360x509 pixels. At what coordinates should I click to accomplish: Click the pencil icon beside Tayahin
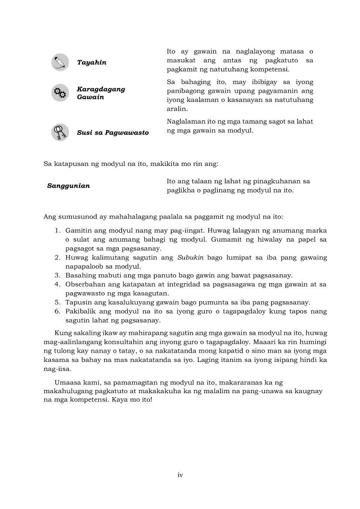[60, 62]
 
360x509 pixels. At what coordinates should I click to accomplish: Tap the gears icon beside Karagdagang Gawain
[60, 93]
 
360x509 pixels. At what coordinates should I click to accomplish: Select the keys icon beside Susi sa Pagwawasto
[60, 132]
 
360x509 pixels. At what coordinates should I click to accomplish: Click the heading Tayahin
[92, 63]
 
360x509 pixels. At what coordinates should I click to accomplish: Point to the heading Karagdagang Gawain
[101, 93]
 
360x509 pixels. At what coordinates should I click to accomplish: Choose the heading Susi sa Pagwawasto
[112, 132]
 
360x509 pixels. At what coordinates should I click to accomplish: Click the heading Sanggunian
[68, 186]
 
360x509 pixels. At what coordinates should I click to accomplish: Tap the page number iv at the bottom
[180, 475]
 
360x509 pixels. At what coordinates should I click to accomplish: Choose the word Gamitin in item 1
[78, 231]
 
